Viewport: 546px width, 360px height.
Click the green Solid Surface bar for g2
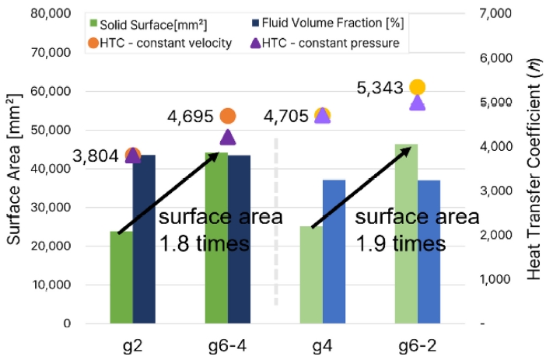coord(121,278)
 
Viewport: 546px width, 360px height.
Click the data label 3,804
coord(96,156)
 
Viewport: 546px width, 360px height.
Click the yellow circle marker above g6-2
coord(417,87)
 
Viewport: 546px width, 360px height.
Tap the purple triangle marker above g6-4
coord(227,138)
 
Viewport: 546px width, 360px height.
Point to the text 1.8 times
coord(205,243)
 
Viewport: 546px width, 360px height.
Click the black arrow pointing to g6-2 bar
coord(362,187)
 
